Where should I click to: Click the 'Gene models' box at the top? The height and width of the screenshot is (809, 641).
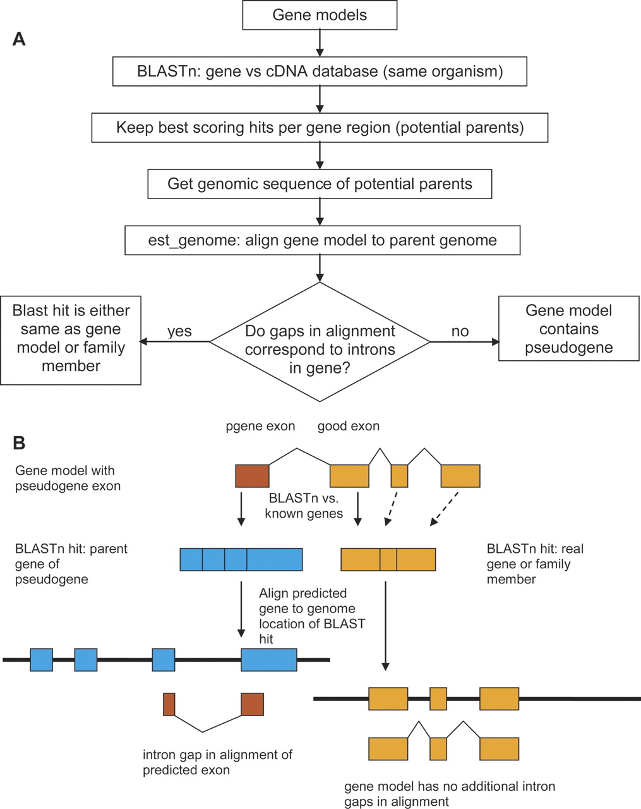pos(320,15)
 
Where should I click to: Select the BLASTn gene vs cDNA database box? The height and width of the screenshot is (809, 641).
pos(320,71)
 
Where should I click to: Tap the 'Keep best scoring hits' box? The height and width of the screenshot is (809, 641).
pos(320,128)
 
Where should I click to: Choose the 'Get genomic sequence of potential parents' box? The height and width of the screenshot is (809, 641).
pos(320,184)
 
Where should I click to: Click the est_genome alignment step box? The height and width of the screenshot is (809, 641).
pos(322,240)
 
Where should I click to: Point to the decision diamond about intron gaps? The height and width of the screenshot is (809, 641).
pos(320,341)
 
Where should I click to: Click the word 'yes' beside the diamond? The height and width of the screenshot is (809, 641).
pos(179,332)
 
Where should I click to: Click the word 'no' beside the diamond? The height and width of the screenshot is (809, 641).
pos(460,332)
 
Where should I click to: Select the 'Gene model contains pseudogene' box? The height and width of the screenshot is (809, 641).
pos(568,329)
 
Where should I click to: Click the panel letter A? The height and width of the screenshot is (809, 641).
pos(19,39)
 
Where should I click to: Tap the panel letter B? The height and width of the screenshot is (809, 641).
pos(19,442)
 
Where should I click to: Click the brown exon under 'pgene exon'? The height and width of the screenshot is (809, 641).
pos(253,476)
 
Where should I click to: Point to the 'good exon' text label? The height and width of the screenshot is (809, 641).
pos(349,426)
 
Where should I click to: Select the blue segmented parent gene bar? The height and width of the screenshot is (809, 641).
pos(241,559)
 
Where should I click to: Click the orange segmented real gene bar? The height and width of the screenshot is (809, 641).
pos(388,559)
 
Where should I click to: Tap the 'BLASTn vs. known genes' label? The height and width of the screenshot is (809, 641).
pos(304,506)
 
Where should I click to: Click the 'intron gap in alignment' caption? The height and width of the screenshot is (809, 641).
pos(217,762)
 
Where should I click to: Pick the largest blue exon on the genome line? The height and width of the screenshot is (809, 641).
pos(269,659)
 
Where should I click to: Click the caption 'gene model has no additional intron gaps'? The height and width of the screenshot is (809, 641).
pos(450,794)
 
